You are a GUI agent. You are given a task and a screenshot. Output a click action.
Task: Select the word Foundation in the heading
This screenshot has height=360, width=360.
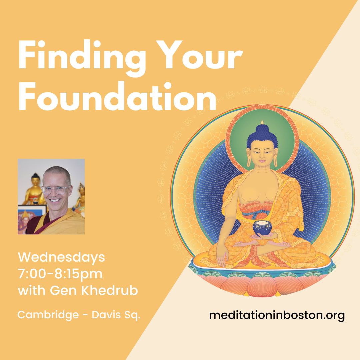pos(117,96)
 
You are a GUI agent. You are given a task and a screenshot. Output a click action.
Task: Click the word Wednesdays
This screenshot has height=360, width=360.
pos(61,257)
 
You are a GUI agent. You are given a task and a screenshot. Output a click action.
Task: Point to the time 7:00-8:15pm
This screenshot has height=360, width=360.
pos(60,274)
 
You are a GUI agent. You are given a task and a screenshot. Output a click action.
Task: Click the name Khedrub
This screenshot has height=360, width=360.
pos(110,290)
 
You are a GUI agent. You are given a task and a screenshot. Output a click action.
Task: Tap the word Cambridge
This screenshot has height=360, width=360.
pos(48,315)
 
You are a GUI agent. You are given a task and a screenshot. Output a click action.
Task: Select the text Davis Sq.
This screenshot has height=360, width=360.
pos(116,315)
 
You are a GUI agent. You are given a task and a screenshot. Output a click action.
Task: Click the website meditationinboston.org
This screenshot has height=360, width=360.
pos(277,315)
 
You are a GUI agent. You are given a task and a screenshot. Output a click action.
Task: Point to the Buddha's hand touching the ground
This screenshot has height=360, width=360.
pos(222,259)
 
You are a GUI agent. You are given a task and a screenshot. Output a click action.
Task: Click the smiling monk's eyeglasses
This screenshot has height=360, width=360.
pos(55,190)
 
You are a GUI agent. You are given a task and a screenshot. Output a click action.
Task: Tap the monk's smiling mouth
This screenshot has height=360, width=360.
pos(55,200)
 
